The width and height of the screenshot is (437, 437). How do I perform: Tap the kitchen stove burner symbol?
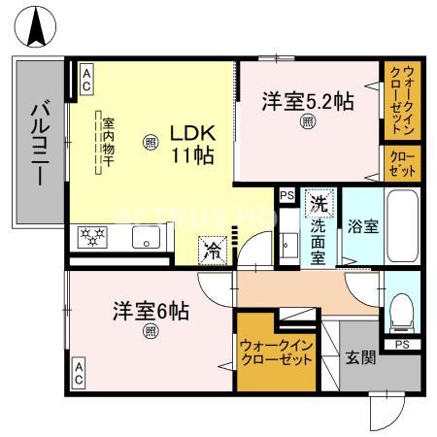coord(94,236)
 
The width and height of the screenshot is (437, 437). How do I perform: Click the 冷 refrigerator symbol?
coord(213,250)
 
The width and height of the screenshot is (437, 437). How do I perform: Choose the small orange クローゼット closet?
coord(401,162)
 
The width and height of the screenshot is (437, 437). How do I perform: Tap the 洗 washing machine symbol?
coord(317,204)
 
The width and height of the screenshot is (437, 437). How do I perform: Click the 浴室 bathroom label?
coord(363,224)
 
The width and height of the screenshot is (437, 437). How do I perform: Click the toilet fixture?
coord(400,310)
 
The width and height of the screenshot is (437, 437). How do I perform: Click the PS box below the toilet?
coord(402,344)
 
